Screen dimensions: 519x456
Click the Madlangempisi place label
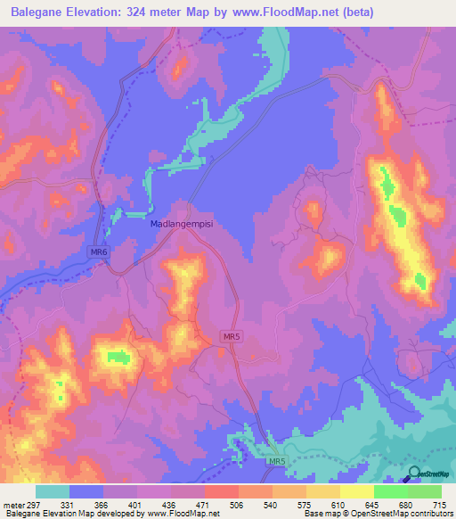pos(182,225)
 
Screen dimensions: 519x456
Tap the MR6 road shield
pos(99,253)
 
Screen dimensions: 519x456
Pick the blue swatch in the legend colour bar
pos(86,491)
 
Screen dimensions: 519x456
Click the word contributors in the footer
pos(429,514)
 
